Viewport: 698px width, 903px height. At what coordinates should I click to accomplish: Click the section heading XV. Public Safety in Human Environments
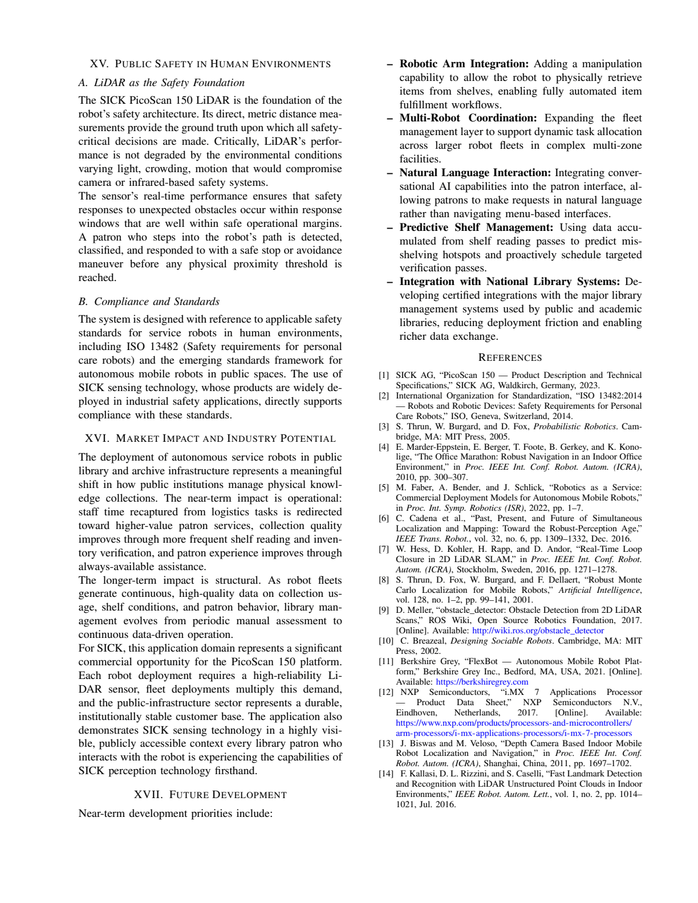pyautogui.click(x=210, y=64)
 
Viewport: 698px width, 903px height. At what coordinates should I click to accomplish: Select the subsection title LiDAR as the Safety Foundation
pyautogui.click(x=161, y=83)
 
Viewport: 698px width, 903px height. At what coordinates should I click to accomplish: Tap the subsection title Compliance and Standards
pyautogui.click(x=149, y=302)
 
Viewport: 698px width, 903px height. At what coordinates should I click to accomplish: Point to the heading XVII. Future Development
pyautogui.click(x=210, y=795)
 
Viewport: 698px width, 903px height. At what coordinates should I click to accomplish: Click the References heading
pyautogui.click(x=510, y=357)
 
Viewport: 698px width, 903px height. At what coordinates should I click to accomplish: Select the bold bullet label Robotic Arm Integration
pyautogui.click(x=464, y=64)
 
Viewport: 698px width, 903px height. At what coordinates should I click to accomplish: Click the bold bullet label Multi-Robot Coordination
pyautogui.click(x=468, y=118)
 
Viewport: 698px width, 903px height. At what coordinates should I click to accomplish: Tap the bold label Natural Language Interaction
pyautogui.click(x=474, y=173)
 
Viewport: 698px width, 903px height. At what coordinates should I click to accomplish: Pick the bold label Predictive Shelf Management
pyautogui.click(x=476, y=227)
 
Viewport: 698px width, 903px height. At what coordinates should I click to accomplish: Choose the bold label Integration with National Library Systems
pyautogui.click(x=509, y=282)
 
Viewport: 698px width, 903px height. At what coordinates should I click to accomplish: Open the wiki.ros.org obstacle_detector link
pyautogui.click(x=538, y=631)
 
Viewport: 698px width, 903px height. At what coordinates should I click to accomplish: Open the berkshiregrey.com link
pyautogui.click(x=482, y=682)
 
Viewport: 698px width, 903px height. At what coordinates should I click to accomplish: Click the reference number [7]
pyautogui.click(x=384, y=549)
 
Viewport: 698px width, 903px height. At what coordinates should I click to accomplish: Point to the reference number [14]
pyautogui.click(x=385, y=774)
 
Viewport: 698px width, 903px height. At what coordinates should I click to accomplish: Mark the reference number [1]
pyautogui.click(x=384, y=375)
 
